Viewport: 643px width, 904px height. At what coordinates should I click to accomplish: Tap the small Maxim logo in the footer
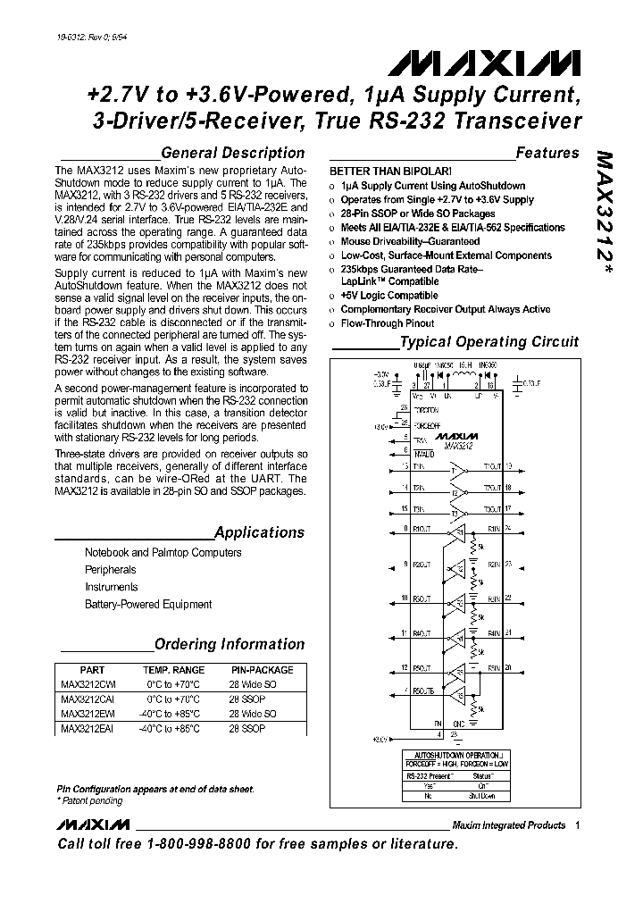coord(93,824)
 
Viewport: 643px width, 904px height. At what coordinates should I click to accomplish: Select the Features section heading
coord(547,153)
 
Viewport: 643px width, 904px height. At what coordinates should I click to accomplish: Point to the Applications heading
coord(259,532)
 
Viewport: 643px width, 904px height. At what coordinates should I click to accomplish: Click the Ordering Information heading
coord(229,644)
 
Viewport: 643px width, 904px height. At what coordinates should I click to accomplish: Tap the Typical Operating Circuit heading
coord(488,341)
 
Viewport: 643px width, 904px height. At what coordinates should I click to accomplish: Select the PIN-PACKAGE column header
coord(262,670)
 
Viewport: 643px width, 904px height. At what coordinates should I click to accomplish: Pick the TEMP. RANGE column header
coord(174,670)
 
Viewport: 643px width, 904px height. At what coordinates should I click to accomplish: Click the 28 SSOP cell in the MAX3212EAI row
coord(246,728)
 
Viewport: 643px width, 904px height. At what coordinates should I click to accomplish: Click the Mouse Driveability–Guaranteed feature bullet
coord(410,241)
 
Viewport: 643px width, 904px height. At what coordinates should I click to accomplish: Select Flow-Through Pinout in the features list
coord(387,322)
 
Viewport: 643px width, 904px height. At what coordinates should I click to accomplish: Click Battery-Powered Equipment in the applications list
coord(148,605)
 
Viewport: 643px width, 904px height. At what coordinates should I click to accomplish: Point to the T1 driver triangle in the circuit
coord(458,467)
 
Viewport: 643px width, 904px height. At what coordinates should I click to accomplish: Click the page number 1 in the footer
coord(578,824)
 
